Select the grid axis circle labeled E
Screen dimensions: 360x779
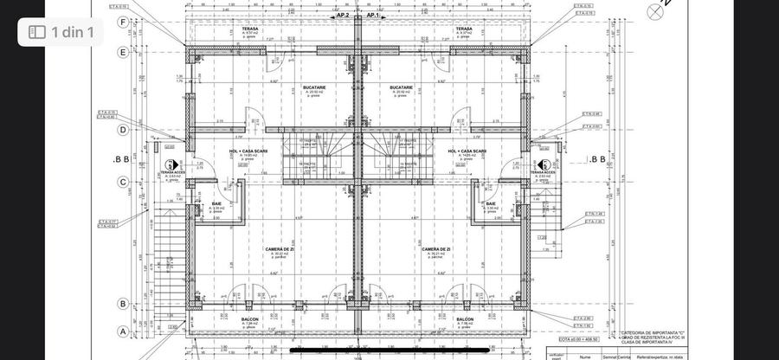(123, 52)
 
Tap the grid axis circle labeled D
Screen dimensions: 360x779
(123, 130)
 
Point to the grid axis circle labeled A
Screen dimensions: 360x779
(123, 331)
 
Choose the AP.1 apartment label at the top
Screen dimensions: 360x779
(373, 15)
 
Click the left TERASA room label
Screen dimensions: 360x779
(250, 29)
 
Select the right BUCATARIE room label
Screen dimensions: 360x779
(402, 87)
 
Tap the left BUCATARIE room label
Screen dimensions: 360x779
(314, 87)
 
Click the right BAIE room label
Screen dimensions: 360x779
(491, 203)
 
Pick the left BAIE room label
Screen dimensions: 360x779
(216, 203)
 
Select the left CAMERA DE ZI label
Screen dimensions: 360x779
(278, 248)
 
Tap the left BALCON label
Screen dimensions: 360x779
(249, 318)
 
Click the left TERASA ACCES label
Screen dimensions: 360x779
(173, 172)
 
